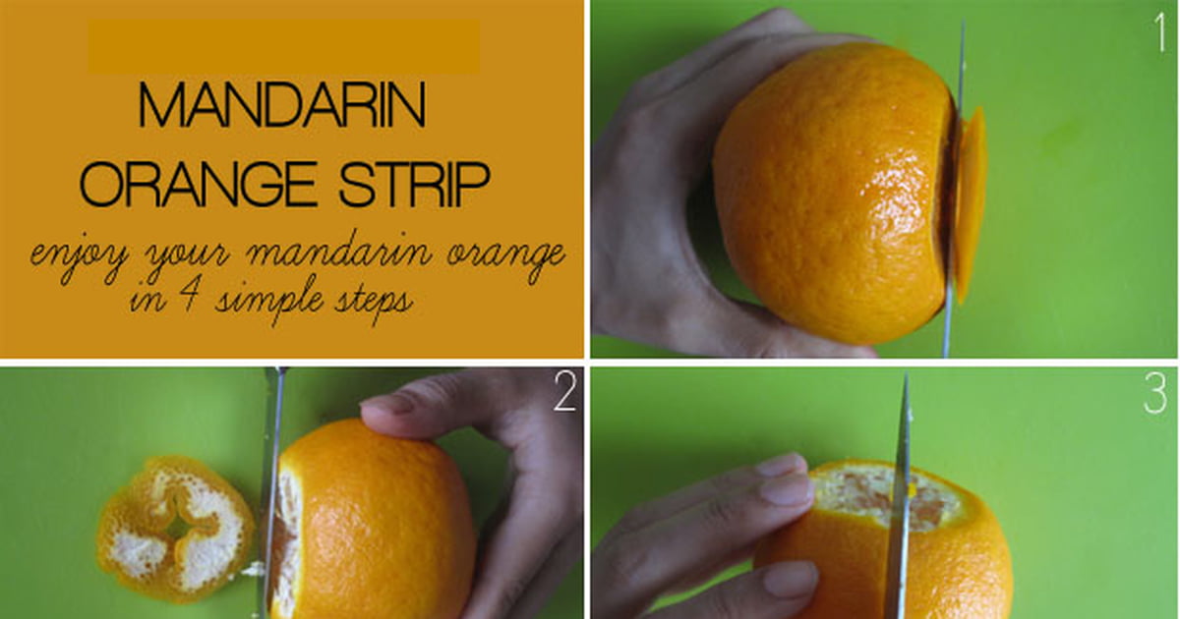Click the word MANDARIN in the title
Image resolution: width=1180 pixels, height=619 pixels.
point(282,105)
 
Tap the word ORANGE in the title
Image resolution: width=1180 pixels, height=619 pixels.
point(198,185)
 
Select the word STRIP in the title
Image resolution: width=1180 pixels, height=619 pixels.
point(414,185)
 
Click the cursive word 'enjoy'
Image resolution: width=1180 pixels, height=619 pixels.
point(79,260)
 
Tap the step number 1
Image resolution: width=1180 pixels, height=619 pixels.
point(1159,32)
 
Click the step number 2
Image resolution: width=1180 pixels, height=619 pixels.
point(564,392)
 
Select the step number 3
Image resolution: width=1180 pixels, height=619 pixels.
point(1155,393)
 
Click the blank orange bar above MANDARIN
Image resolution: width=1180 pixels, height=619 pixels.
point(284,46)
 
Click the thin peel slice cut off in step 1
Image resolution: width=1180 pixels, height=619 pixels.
point(971,204)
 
